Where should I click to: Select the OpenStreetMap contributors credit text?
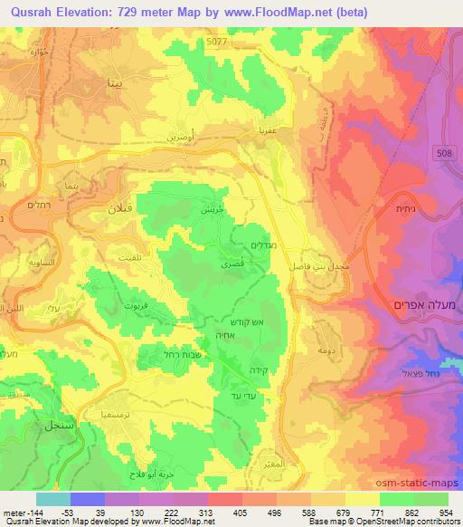click(x=399, y=522)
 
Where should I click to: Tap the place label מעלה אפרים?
click(x=424, y=304)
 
